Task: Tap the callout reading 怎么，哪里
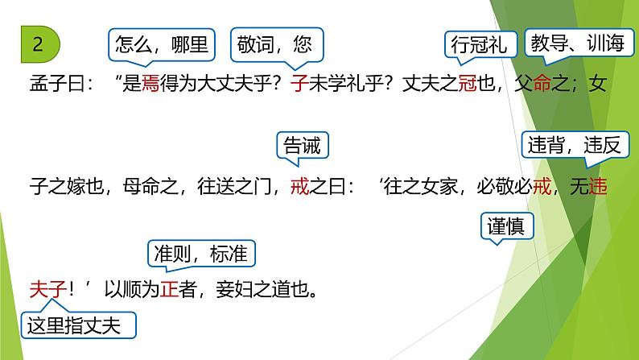point(162,44)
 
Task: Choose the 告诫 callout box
point(303,146)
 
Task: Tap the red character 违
point(598,188)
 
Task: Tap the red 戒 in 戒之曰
point(297,188)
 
